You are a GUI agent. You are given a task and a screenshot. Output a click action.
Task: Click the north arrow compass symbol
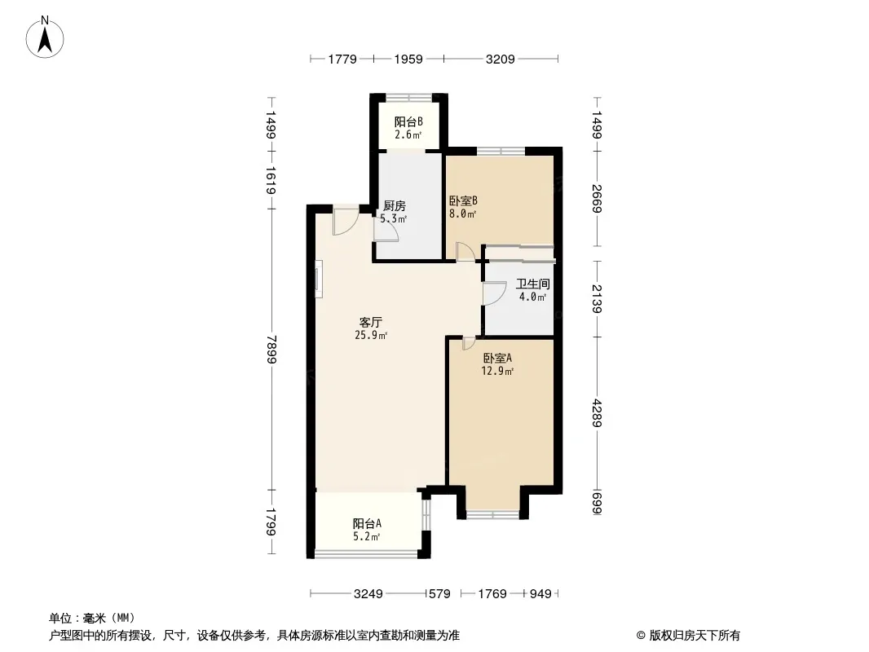pos(45,37)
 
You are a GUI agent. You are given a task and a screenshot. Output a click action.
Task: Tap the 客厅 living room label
pos(371,322)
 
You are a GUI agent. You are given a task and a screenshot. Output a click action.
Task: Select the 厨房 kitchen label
pos(395,206)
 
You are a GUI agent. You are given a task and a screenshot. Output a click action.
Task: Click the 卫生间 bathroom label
pos(533,284)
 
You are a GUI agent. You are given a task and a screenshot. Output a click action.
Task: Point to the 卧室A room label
pos(498,359)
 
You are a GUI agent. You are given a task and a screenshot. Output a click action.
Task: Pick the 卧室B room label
pos(463,200)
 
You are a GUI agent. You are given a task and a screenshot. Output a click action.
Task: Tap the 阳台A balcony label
pos(367,523)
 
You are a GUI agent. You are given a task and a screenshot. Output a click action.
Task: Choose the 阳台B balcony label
pos(408,121)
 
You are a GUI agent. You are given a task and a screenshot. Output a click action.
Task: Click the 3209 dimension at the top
pos(501,59)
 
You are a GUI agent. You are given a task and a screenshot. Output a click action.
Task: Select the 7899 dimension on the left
pos(271,350)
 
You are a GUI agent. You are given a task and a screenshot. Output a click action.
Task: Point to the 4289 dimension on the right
pos(597,413)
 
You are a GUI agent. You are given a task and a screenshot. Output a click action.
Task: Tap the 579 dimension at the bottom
pos(439,594)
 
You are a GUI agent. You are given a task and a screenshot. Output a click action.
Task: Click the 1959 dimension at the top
pos(408,59)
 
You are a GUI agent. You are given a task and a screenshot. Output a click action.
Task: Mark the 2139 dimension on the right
pos(597,298)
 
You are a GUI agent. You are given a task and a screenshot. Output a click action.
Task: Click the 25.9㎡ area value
pos(371,335)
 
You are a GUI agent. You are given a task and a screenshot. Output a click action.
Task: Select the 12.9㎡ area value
pos(498,371)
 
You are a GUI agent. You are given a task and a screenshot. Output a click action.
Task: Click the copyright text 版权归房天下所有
pos(695,636)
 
